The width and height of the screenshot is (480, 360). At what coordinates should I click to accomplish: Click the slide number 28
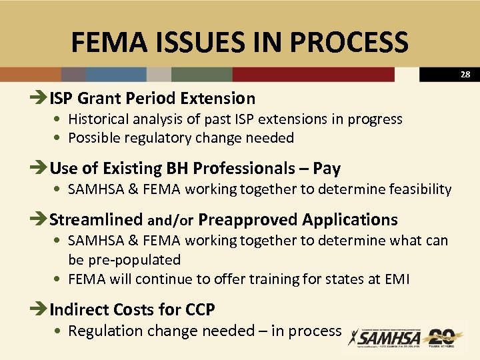tap(465, 75)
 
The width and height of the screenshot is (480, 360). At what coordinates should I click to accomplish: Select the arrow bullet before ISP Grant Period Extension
tap(40, 99)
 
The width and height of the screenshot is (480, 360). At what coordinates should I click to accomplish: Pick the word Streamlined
tap(97, 219)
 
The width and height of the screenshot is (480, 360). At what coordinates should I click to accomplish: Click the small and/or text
tap(171, 221)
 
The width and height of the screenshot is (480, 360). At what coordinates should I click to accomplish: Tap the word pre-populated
tap(124, 259)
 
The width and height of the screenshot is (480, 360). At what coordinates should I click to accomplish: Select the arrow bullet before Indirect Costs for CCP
tap(40, 309)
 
